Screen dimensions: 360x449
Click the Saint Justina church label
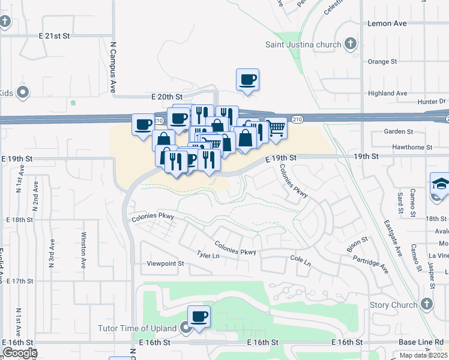(304, 44)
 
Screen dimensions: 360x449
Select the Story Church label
(393, 305)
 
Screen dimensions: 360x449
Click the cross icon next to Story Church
(427, 303)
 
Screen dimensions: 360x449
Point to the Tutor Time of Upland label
(138, 328)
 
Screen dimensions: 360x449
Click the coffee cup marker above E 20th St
(248, 79)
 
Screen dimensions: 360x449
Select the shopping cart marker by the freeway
(276, 128)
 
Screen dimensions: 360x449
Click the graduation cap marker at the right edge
(440, 183)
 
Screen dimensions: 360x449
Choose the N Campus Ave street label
(112, 66)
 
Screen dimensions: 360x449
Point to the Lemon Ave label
(387, 23)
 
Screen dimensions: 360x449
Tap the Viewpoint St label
(166, 263)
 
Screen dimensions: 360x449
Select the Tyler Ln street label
(208, 255)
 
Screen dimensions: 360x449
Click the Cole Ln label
(300, 263)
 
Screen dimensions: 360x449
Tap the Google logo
(19, 353)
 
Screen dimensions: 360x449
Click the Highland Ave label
(388, 94)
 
